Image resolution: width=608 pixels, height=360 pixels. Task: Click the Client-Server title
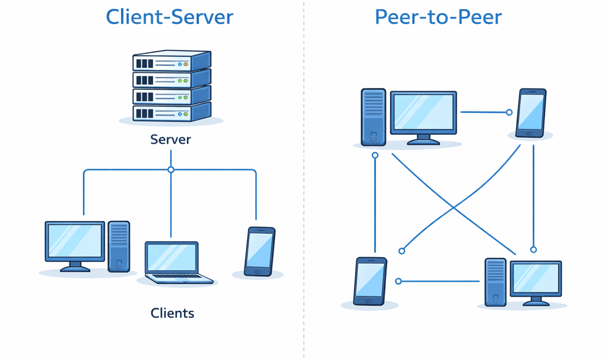169,17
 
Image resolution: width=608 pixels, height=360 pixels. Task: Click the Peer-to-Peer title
438,17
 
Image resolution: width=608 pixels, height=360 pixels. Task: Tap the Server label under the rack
170,140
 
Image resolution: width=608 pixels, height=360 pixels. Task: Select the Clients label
172,313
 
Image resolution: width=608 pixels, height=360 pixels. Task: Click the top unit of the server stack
171,61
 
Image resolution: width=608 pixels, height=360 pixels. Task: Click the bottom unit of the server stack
171,112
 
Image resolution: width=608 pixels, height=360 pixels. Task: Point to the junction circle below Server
171,170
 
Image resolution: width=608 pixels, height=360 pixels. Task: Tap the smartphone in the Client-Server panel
259,251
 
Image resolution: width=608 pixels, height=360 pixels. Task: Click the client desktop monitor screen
75,241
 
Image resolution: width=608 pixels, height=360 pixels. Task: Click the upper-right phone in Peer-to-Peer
531,113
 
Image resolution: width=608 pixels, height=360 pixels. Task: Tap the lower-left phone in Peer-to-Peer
370,281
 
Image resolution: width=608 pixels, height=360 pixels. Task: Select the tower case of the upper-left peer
373,117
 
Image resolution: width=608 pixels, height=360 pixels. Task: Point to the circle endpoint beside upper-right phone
509,112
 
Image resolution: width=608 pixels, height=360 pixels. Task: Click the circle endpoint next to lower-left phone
398,281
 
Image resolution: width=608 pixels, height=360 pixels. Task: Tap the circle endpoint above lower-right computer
533,250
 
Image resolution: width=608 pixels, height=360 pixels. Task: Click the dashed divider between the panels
304,178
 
